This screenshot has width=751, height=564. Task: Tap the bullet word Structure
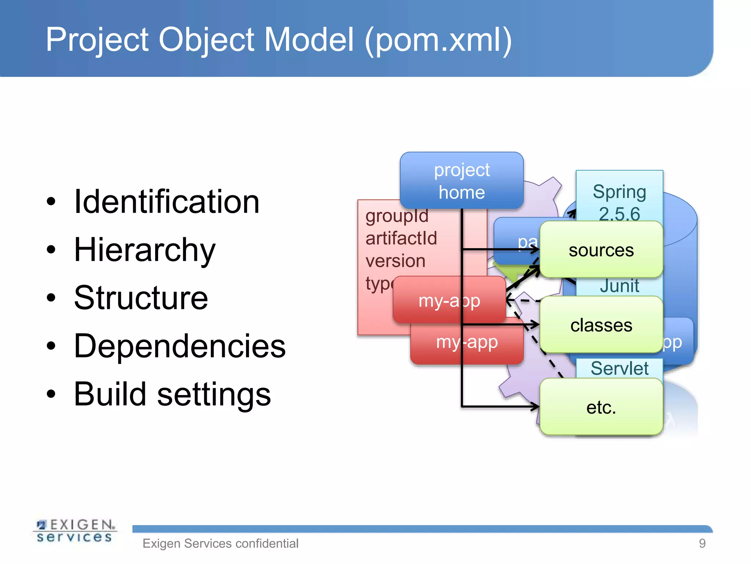(141, 298)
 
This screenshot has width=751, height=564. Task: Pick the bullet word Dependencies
(180, 346)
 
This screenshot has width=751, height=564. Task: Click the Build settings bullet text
(172, 394)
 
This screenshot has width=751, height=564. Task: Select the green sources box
(601, 250)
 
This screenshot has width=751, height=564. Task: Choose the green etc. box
(601, 407)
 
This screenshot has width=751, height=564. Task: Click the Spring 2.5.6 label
(619, 202)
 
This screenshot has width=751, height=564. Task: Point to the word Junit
(619, 286)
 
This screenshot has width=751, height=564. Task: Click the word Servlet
(619, 368)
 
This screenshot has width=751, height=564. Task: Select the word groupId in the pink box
(397, 216)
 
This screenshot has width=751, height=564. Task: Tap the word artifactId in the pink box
(401, 238)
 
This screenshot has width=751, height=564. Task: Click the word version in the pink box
(395, 261)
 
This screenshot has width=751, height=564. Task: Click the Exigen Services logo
(75, 531)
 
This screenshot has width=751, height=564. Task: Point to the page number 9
(702, 543)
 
